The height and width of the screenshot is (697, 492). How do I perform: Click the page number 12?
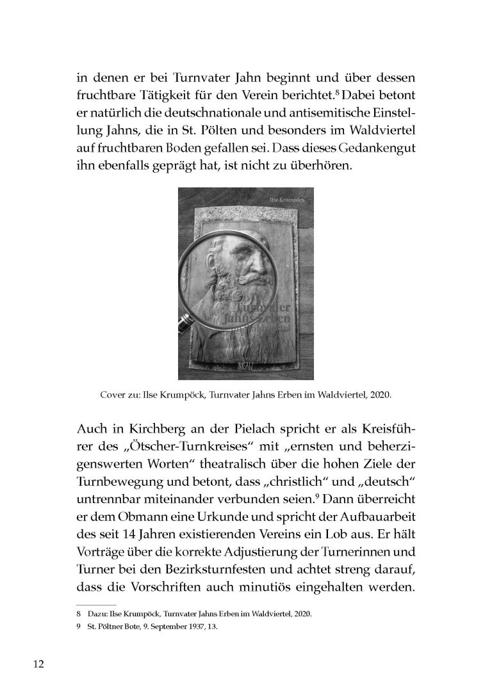38,663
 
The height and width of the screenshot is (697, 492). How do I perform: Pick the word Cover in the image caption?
113,395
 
